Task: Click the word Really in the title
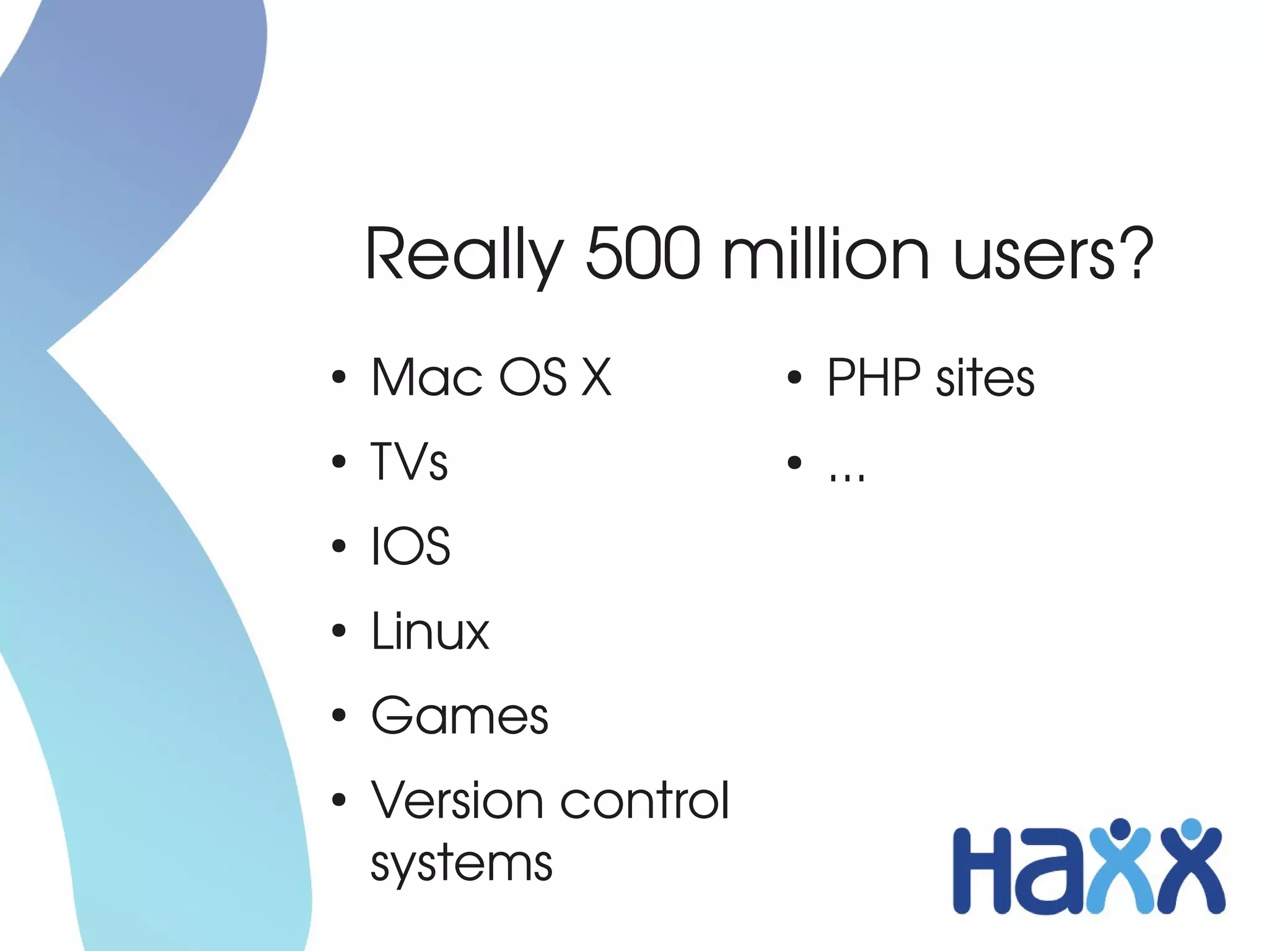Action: click(464, 254)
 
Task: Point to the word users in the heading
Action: click(1035, 254)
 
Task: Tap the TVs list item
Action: click(409, 462)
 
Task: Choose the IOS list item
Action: click(410, 546)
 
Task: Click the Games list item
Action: click(459, 716)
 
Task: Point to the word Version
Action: click(457, 800)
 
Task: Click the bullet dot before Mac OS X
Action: click(338, 377)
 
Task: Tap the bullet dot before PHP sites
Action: click(794, 377)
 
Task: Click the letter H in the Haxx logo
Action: click(981, 870)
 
